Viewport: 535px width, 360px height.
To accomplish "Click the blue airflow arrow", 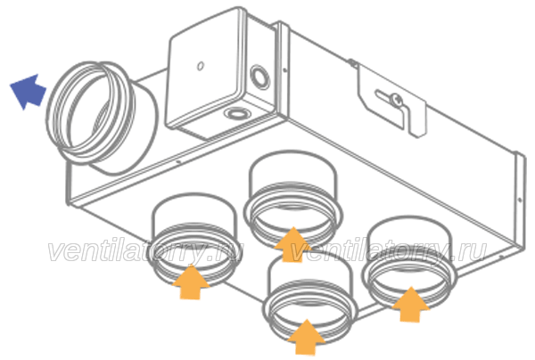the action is tap(29, 92).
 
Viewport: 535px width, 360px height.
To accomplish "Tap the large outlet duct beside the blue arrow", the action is tap(103, 118).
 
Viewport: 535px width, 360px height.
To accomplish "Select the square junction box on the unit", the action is tap(222, 73).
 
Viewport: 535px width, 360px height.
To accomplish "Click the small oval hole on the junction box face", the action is tap(201, 65).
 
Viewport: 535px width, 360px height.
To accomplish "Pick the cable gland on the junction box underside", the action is tap(238, 112).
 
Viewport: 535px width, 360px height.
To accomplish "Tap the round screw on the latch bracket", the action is tap(397, 100).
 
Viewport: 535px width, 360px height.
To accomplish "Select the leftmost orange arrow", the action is tap(191, 282).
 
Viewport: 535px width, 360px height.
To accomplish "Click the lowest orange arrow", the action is tap(307, 338).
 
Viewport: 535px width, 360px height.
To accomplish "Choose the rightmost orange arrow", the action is tap(410, 305).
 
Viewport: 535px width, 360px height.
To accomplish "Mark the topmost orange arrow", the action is tap(292, 244).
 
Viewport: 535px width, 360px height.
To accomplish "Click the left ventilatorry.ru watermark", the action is tap(145, 252).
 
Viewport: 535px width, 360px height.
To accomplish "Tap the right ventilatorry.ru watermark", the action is tap(388, 252).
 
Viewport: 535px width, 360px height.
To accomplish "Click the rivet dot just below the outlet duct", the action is tap(178, 162).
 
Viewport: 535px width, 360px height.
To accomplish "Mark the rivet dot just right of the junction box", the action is tap(285, 70).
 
